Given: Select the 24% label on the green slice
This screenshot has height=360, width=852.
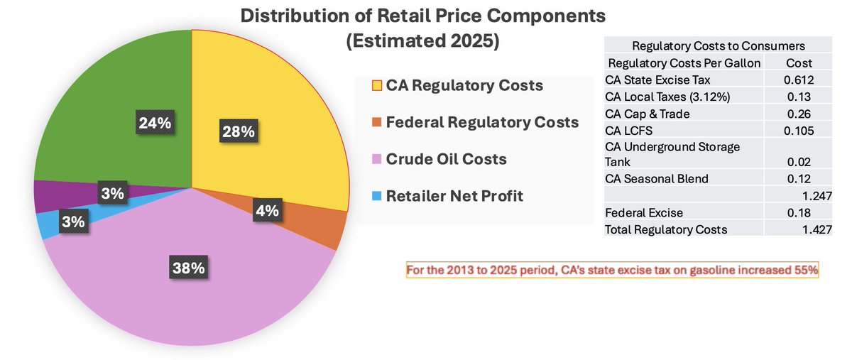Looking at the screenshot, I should (x=155, y=123).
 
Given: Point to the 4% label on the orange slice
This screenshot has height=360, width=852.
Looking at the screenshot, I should (x=268, y=211).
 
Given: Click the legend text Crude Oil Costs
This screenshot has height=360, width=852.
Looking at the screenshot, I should (x=446, y=159).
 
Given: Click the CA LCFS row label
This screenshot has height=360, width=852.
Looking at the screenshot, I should (x=626, y=129).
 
